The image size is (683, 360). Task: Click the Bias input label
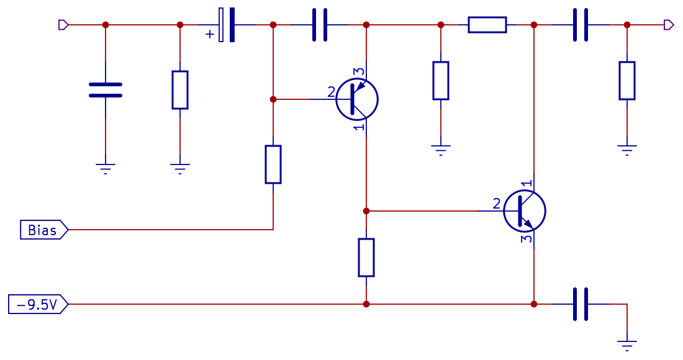[42, 230]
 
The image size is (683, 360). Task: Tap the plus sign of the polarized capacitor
[209, 34]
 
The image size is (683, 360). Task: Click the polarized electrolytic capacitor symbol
[227, 25]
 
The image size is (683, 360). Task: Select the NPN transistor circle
[525, 211]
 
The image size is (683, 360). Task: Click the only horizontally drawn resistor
[487, 25]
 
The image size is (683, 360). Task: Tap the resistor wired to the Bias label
[273, 164]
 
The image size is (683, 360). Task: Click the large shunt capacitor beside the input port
[106, 90]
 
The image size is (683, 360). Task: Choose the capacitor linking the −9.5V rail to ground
[581, 304]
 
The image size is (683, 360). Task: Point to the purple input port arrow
[63, 25]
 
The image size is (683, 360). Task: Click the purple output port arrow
[668, 25]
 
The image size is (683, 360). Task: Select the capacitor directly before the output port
[581, 25]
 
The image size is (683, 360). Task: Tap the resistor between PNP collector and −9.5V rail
[366, 258]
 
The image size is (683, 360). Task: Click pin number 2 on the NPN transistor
[496, 203]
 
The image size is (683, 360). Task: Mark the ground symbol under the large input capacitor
[106, 168]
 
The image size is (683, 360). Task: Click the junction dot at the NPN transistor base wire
[366, 211]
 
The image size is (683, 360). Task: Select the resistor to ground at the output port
[627, 81]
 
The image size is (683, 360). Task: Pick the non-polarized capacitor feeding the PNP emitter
[320, 25]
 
